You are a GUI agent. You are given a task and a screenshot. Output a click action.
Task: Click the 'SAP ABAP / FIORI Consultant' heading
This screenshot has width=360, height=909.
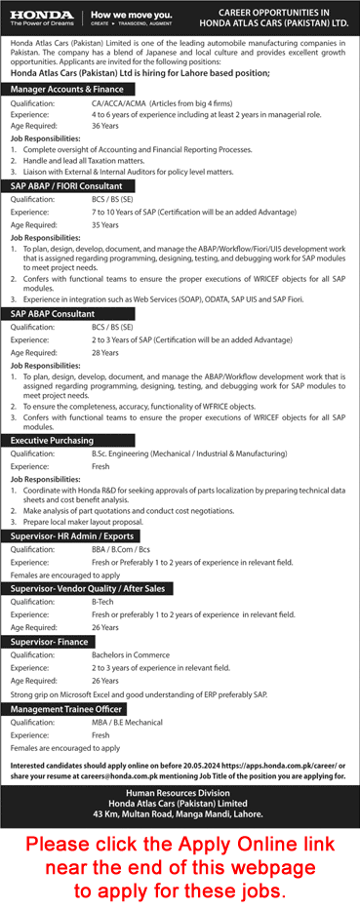point(65,184)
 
